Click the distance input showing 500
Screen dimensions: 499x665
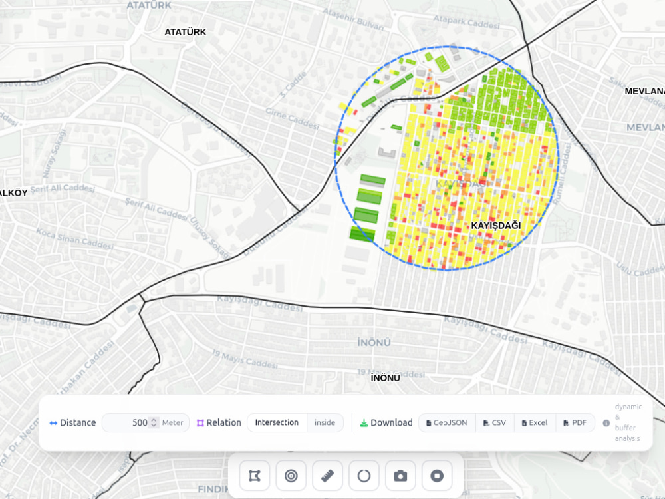130,422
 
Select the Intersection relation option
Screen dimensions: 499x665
277,422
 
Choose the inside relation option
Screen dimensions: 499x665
325,422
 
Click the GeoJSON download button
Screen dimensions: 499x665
447,422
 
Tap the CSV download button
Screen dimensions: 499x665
495,422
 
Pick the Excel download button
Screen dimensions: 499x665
535,422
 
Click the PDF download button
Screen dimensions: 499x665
575,422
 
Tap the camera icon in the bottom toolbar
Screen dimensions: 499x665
400,476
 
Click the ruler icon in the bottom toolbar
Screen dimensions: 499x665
327,476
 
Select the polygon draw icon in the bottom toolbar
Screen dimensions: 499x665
255,476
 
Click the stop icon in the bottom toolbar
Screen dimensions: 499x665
437,476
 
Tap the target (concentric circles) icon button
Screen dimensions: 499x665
291,476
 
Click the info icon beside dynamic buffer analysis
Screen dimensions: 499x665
606,422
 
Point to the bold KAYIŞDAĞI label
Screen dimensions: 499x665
495,226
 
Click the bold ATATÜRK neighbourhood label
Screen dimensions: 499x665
186,32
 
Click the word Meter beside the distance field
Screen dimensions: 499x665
173,422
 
